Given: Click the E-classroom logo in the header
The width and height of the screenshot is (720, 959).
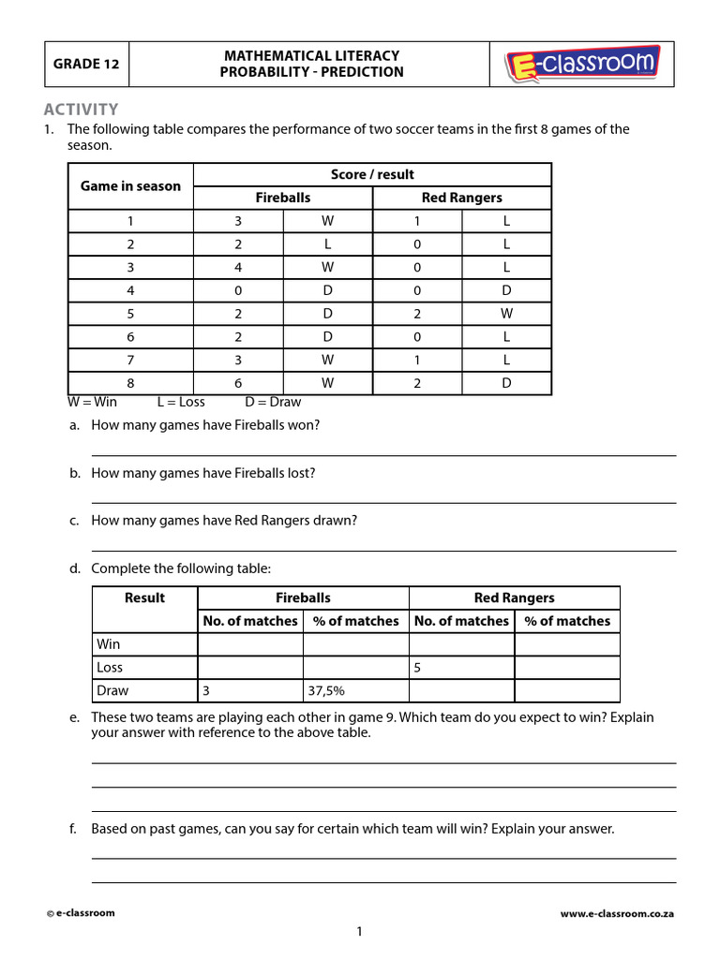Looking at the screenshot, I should (x=582, y=65).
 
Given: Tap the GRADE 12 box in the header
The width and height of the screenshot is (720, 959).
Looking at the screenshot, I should (x=87, y=65).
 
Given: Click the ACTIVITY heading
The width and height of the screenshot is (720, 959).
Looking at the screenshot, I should (x=81, y=110).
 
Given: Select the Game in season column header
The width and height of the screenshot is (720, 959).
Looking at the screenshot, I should (x=130, y=185).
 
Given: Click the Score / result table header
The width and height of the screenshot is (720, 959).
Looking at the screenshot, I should (x=372, y=174).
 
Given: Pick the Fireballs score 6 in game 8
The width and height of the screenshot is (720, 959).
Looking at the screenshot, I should (x=238, y=382).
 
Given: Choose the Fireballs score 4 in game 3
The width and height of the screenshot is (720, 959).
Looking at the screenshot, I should (x=238, y=267).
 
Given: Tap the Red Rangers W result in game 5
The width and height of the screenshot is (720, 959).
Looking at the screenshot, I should (x=506, y=313).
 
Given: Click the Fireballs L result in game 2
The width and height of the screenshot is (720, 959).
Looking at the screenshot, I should (x=327, y=243).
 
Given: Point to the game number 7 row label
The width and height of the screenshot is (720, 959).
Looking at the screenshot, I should (x=130, y=359).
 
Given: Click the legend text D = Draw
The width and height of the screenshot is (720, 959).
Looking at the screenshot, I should (x=273, y=402).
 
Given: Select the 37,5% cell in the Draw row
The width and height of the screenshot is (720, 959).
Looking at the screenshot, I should (x=326, y=690).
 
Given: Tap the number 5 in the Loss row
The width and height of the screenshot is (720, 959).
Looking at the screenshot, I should (x=418, y=668).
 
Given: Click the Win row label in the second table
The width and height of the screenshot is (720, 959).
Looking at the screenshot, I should (x=109, y=644).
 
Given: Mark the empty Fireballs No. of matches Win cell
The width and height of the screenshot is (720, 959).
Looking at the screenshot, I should (x=249, y=644).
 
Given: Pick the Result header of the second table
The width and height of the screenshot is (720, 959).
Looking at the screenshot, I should (x=144, y=598).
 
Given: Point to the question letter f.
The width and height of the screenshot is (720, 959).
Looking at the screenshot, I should (x=73, y=829).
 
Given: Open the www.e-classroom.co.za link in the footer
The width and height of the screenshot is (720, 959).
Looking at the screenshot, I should (x=617, y=913).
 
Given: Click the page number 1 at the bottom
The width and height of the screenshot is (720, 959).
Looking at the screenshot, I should (x=359, y=931).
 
